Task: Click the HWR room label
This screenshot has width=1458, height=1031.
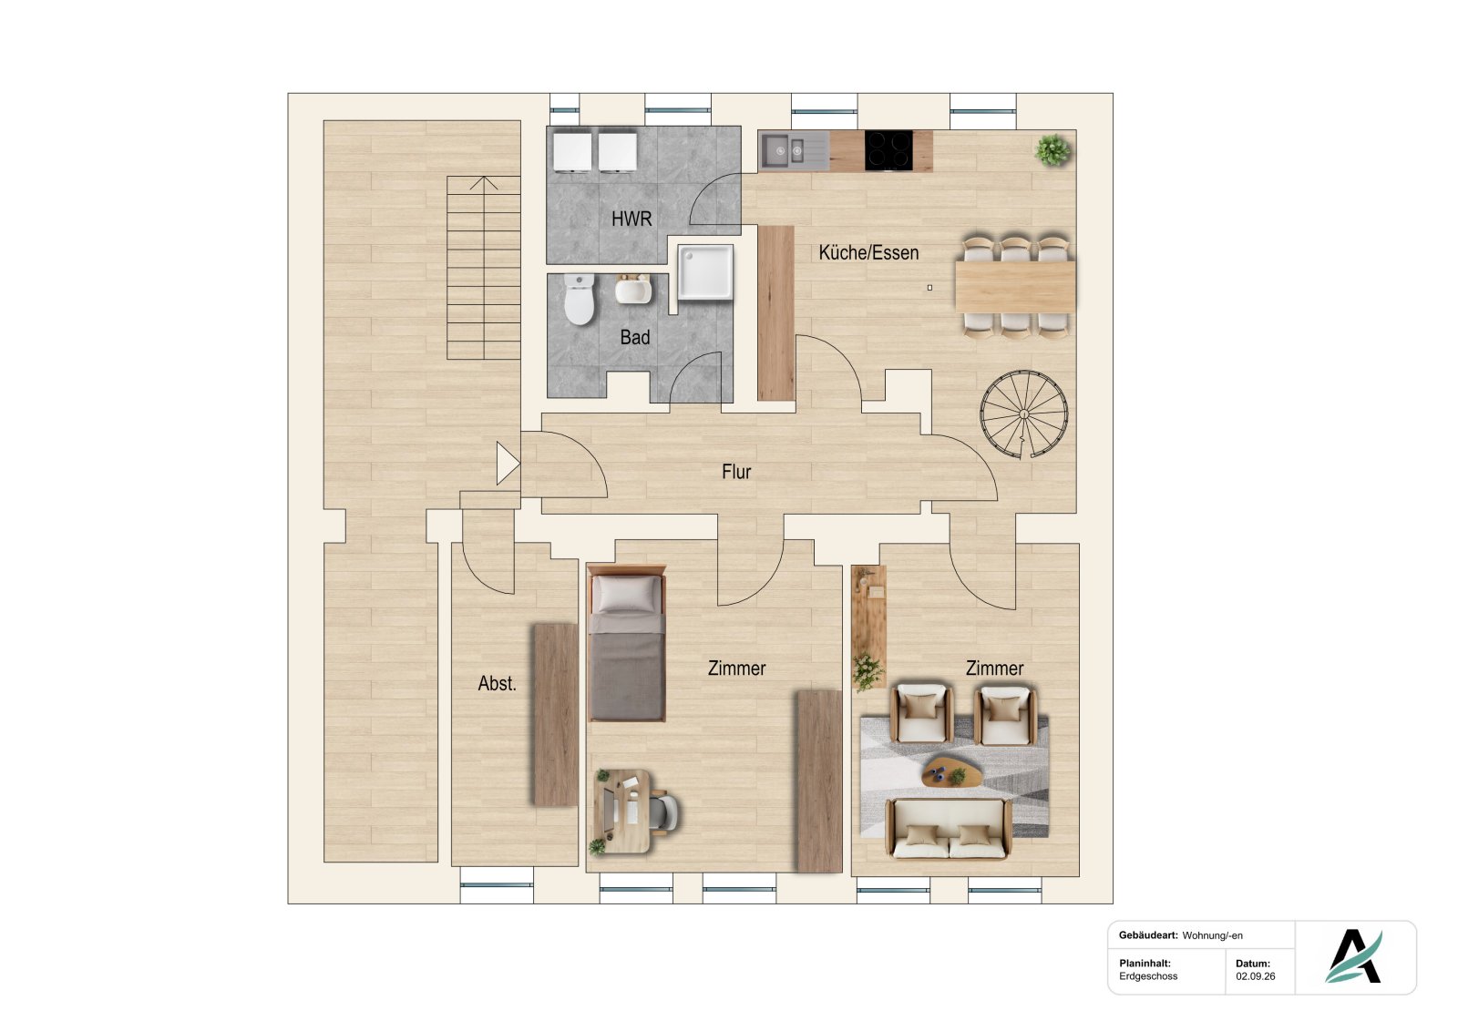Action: point(631,219)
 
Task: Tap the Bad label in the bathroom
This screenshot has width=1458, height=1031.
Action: point(634,337)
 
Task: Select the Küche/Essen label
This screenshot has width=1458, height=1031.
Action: point(868,252)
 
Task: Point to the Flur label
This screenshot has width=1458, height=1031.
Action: point(736,472)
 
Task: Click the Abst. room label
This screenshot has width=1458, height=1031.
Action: point(497,683)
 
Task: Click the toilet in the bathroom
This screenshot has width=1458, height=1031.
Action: point(579,300)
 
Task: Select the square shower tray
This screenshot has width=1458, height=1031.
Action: point(705,272)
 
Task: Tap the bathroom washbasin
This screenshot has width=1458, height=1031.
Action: point(633,290)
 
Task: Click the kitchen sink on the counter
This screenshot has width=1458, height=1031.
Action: point(794,151)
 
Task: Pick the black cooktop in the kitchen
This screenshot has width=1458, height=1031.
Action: point(888,151)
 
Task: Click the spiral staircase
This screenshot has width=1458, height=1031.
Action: point(1024,414)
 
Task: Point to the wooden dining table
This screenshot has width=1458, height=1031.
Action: point(1015,287)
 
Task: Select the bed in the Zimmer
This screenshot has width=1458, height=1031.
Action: point(626,643)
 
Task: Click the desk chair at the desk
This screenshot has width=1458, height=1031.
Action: point(664,812)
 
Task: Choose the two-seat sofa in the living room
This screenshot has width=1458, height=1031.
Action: point(949,827)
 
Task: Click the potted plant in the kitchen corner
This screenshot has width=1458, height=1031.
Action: point(1052,150)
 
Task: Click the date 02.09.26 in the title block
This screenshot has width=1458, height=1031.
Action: point(1256,976)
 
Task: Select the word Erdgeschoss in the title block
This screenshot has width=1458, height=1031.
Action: point(1148,976)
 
